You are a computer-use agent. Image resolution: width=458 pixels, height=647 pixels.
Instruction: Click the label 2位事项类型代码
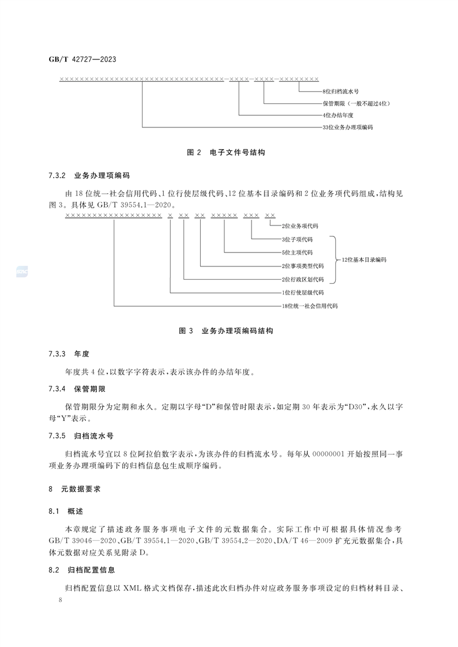302,266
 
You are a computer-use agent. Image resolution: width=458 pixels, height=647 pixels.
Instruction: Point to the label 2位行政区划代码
302,279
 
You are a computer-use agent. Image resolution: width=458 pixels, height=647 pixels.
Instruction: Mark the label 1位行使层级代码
302,292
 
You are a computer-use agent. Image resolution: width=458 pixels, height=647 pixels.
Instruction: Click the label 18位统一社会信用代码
309,306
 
